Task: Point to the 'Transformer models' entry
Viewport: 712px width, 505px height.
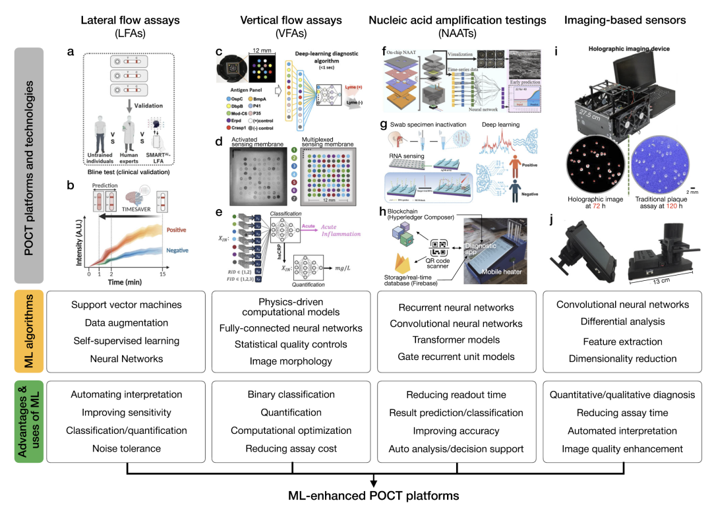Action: [x=456, y=340]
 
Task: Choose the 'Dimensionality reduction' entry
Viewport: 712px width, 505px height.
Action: [x=623, y=359]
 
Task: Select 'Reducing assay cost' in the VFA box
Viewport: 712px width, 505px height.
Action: [x=291, y=448]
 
